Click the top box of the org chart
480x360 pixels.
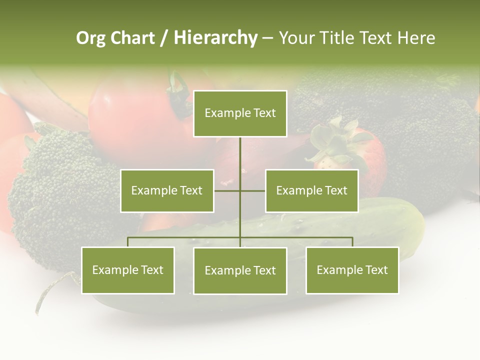tap(240, 113)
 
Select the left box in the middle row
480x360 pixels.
tap(167, 190)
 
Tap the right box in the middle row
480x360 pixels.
tap(311, 190)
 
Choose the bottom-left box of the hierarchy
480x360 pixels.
tap(127, 270)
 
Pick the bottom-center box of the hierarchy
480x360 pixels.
tap(240, 270)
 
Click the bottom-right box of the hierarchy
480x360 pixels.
tap(352, 270)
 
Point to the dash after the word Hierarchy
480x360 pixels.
tap(267, 38)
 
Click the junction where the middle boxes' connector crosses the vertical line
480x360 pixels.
tap(240, 190)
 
